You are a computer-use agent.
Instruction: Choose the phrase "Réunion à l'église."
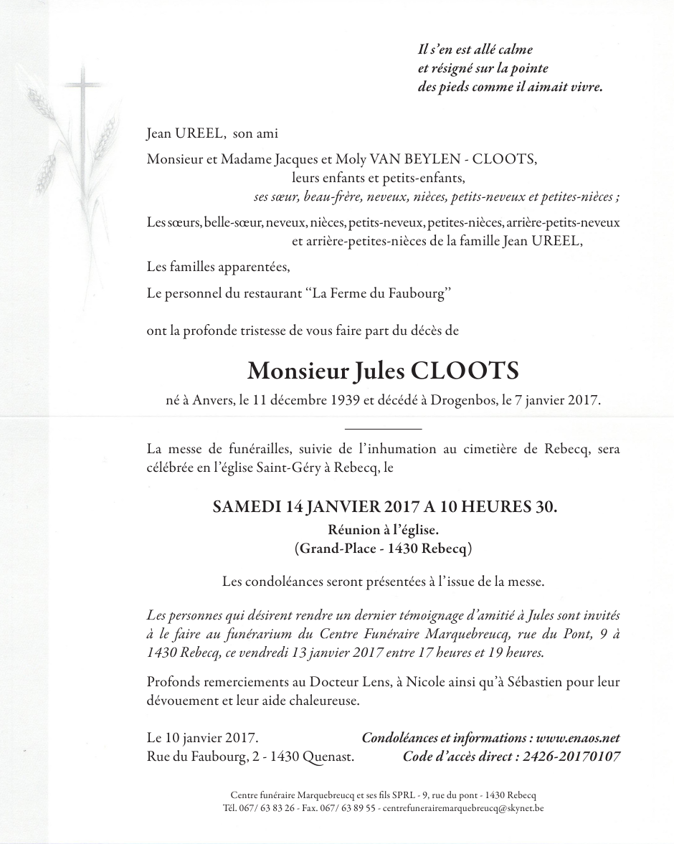[x=383, y=530]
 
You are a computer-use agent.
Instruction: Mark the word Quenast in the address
[x=329, y=756]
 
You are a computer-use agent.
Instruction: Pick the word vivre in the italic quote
[x=585, y=87]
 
